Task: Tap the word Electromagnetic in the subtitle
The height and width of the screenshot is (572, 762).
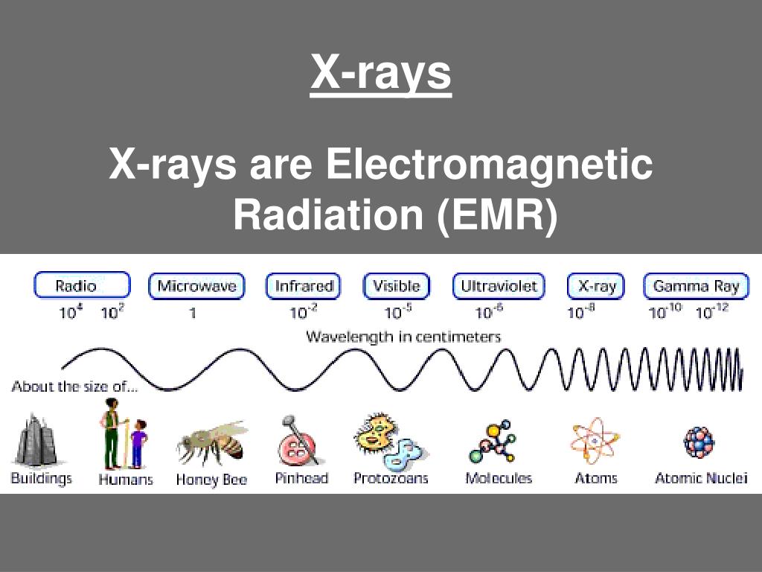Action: tap(489, 165)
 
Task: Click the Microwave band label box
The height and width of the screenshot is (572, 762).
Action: tap(196, 286)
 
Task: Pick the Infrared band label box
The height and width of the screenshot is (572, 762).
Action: tap(303, 286)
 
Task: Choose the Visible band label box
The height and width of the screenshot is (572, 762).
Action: tap(396, 286)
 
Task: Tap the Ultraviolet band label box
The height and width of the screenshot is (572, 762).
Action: tap(499, 286)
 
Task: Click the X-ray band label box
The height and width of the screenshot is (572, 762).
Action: tap(596, 286)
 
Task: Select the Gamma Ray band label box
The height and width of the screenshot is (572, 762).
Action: tap(696, 286)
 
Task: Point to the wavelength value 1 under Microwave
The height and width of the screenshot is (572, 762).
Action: tap(193, 314)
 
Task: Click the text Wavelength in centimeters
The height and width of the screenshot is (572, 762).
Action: tap(403, 337)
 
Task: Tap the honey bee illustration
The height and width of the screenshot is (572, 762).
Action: tap(213, 444)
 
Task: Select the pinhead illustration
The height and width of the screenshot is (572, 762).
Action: tap(299, 441)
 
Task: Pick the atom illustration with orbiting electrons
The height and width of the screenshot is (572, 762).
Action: tap(595, 441)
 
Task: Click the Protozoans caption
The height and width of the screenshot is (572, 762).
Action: tap(391, 478)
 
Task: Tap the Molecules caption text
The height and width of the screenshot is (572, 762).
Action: tap(499, 478)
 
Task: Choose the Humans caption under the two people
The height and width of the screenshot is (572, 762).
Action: tap(125, 480)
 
